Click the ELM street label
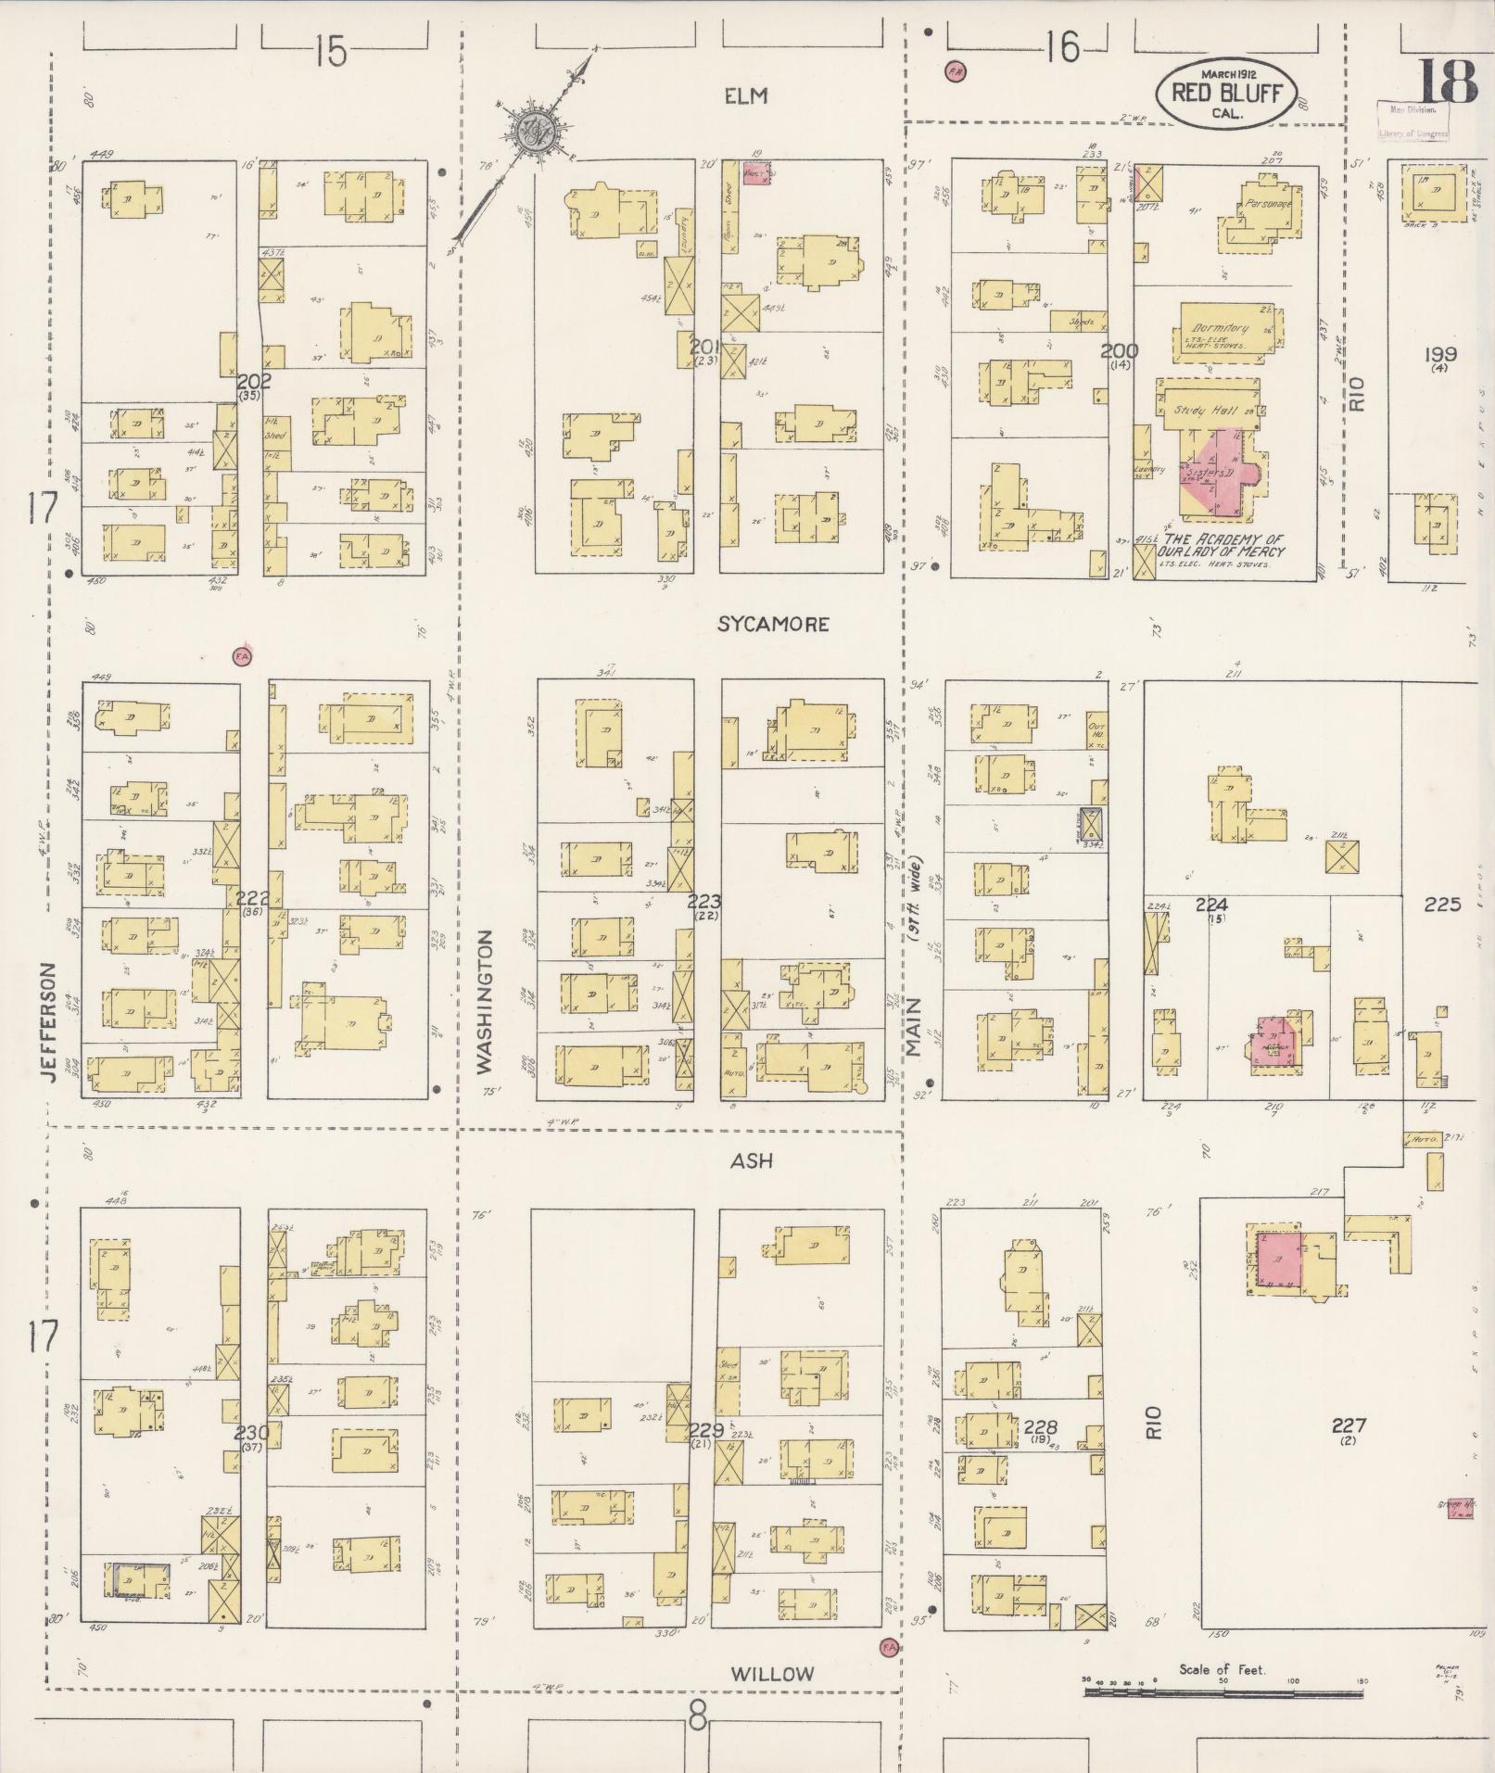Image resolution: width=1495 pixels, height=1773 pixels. [747, 96]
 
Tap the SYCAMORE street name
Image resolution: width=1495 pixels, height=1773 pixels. [772, 625]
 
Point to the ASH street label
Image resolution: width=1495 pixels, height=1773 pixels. [751, 1160]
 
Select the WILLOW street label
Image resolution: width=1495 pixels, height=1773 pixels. [772, 1674]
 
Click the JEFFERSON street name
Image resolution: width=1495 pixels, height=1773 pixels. [49, 1021]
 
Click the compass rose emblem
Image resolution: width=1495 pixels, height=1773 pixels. [536, 128]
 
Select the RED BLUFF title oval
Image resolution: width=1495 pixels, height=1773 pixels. [1214, 93]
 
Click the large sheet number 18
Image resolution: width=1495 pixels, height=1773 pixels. [1446, 82]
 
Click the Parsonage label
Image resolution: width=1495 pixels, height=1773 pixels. [1268, 203]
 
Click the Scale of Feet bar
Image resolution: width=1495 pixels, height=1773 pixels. [1223, 1691]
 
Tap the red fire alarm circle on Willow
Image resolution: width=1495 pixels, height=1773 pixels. [889, 1645]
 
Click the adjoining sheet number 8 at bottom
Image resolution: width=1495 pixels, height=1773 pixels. [698, 1720]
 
